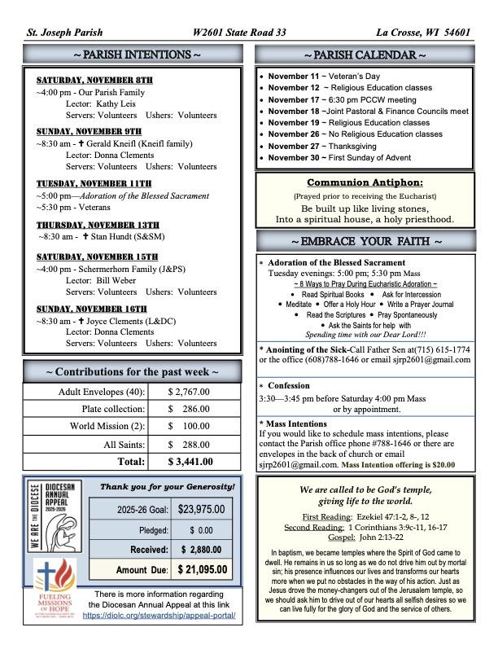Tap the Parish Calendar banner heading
365,55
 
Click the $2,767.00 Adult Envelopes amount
189,392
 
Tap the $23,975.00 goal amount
201,510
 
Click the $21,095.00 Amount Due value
203,569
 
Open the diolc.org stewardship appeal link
159,616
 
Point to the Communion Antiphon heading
365,182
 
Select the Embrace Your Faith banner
365,242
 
